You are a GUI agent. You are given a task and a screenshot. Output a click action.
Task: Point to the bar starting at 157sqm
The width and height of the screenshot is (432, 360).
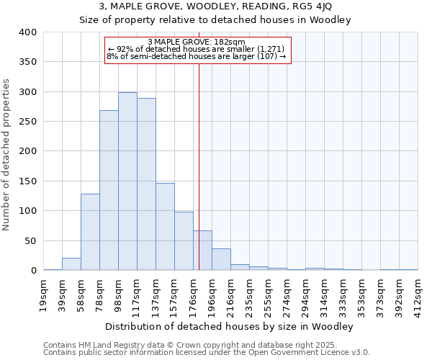pos(184,241)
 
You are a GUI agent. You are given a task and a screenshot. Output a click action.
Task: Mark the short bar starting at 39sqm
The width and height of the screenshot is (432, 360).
pos(71,264)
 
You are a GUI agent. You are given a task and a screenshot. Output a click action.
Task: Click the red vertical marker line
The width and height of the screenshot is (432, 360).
pos(199,166)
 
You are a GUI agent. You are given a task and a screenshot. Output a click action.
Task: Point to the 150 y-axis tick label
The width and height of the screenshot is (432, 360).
pos(27,181)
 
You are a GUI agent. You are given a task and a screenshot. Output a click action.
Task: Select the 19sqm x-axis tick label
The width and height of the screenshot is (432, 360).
pos(44,294)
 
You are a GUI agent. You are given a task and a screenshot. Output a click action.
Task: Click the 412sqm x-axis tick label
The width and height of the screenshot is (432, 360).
pos(418,294)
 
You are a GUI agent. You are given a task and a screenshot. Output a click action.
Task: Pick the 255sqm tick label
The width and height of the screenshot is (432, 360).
pos(269,294)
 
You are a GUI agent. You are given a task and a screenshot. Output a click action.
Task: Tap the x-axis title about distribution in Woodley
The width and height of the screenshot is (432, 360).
pos(230,326)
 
